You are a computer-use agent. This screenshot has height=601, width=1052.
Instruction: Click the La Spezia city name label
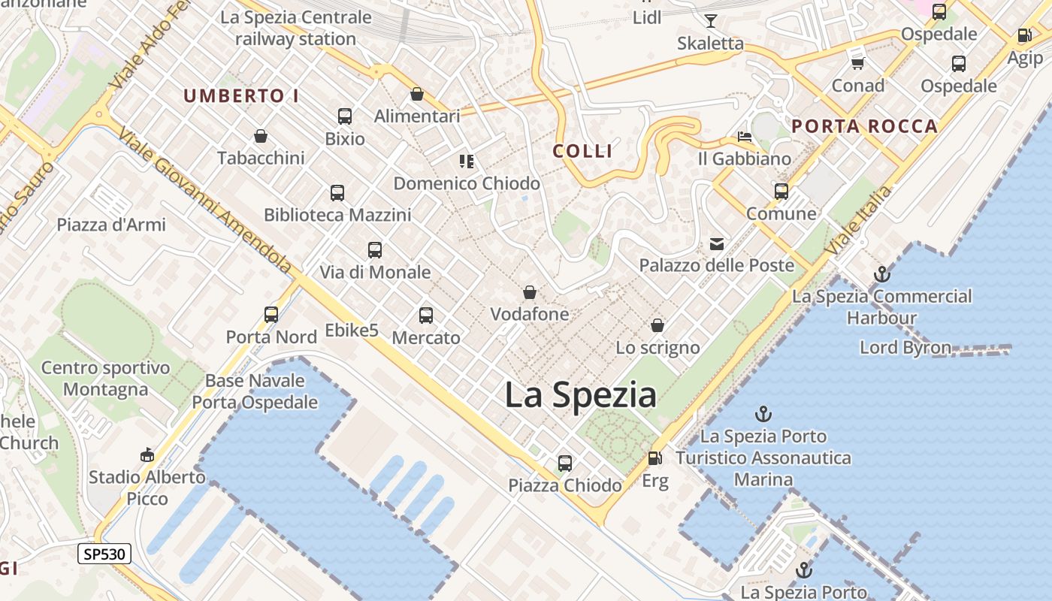click(x=580, y=395)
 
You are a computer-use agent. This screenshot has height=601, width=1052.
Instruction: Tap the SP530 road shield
click(x=105, y=554)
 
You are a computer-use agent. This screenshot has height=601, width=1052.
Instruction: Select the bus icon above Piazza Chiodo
click(x=565, y=464)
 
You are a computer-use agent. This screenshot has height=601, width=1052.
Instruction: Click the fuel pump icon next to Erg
click(x=655, y=458)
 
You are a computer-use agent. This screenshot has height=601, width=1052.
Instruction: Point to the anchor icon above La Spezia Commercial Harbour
click(x=882, y=274)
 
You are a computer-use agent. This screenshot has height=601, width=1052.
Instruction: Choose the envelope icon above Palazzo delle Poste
click(x=717, y=243)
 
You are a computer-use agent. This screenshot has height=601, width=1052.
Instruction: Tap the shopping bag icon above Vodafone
click(x=530, y=292)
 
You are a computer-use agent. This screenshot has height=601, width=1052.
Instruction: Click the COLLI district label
click(x=583, y=151)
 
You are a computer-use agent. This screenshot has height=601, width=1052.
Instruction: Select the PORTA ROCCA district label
click(x=865, y=126)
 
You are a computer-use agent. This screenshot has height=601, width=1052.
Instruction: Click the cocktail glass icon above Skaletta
click(x=710, y=21)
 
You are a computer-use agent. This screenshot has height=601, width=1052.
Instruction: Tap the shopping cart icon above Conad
click(x=857, y=63)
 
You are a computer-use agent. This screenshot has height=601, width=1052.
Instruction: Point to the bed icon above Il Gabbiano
click(x=744, y=137)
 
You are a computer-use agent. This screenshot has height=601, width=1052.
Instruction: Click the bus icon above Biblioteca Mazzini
click(x=337, y=193)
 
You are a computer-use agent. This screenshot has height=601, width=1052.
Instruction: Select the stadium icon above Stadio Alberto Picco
click(x=147, y=455)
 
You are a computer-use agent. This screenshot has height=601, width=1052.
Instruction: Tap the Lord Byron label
click(x=905, y=348)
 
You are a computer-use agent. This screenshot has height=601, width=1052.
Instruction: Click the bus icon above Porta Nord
click(x=271, y=315)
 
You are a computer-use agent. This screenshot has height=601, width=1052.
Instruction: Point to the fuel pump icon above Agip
click(x=1024, y=35)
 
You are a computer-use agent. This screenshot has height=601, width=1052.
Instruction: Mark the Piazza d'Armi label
click(x=111, y=225)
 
